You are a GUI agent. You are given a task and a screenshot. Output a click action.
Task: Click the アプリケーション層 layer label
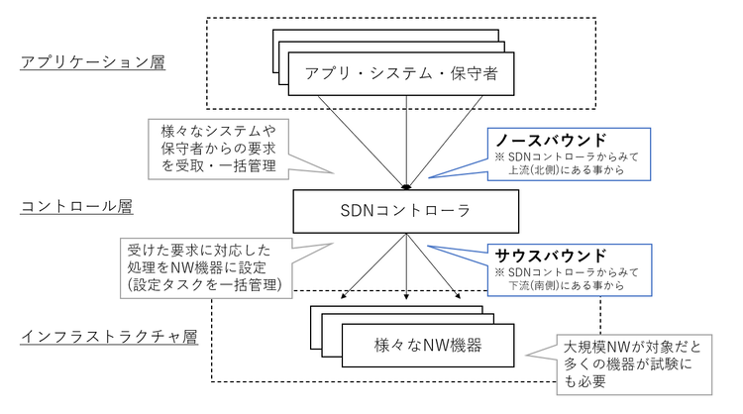click(x=93, y=62)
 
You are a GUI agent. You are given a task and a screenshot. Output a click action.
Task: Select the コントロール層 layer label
click(x=76, y=207)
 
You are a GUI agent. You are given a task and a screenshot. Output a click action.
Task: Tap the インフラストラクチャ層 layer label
click(x=109, y=337)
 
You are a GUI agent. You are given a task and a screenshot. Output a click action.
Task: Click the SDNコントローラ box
click(x=405, y=211)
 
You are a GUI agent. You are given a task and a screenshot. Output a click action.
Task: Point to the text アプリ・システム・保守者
click(x=401, y=73)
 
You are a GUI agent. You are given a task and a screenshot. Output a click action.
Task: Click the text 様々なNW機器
click(x=428, y=345)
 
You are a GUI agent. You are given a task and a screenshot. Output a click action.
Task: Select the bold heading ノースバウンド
click(x=551, y=141)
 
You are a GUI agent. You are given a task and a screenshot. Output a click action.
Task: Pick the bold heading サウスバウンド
click(x=551, y=256)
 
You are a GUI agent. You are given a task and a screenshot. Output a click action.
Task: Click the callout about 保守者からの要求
click(x=219, y=149)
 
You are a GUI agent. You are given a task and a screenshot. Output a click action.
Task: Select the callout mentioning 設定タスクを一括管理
click(x=206, y=267)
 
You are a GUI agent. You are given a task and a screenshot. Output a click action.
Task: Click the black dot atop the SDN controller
click(x=406, y=187)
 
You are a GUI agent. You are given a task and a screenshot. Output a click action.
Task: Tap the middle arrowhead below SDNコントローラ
click(x=406, y=296)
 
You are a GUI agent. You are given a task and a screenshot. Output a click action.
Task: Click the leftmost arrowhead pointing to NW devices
click(x=344, y=296)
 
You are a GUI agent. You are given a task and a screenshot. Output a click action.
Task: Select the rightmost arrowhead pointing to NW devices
click(x=458, y=296)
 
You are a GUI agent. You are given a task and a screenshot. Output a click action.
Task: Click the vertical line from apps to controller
click(x=406, y=141)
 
